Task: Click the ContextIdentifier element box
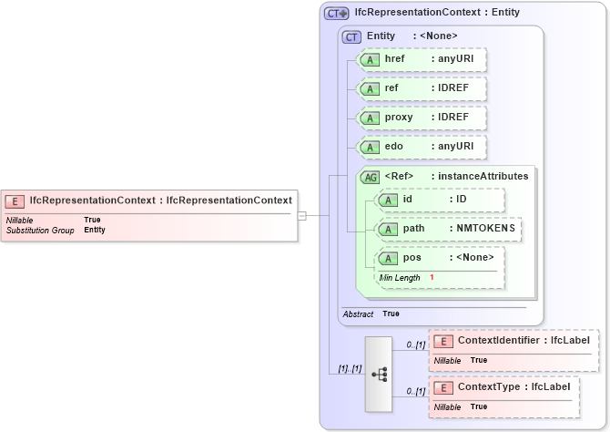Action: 513,349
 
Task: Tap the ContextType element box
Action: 503,395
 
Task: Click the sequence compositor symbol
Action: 380,374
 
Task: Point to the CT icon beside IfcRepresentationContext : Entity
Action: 337,13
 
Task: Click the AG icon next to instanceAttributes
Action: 371,177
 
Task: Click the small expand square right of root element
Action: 302,216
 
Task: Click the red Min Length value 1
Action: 432,277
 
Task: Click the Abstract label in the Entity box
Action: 357,314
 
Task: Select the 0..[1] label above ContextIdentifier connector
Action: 415,344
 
